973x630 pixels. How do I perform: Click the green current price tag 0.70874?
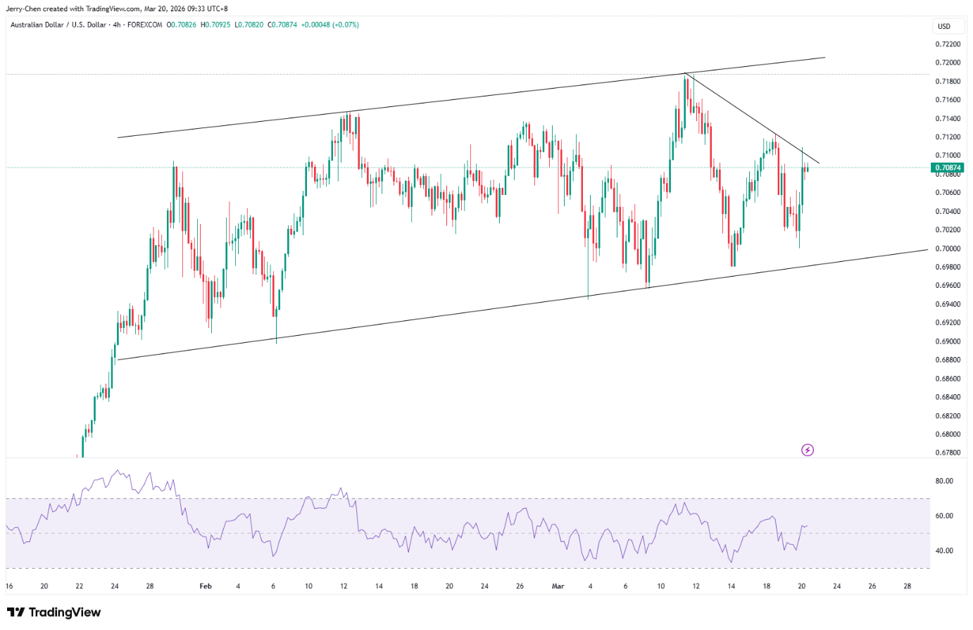948,168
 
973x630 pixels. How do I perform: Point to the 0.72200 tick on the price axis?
948,44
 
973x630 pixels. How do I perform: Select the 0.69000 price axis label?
948,341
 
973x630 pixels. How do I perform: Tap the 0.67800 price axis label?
948,453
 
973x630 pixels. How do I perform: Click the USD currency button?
944,27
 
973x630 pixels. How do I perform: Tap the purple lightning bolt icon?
807,451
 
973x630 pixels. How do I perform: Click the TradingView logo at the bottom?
54,612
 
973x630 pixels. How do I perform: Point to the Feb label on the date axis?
206,586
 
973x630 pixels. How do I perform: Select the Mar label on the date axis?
558,586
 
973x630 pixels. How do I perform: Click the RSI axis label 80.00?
944,481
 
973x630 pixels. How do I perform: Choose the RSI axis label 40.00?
944,551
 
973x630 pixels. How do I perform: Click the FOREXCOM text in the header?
144,25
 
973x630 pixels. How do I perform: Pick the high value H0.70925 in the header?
215,25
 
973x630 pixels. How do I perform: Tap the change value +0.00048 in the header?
315,25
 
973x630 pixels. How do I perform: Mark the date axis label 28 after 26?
907,586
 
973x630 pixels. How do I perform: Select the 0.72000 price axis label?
948,63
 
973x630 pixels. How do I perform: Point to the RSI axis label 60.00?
944,516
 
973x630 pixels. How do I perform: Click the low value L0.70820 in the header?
249,25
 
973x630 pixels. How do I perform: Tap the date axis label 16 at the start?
9,586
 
